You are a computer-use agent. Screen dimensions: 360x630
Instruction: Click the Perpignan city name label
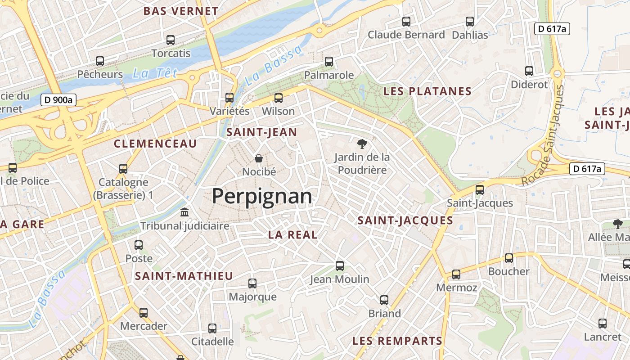coord(262,197)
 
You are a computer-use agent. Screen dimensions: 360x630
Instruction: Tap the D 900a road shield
coord(58,100)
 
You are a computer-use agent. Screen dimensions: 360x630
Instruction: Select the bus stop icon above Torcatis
coord(171,40)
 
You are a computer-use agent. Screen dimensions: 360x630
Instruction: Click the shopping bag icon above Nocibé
coord(259,158)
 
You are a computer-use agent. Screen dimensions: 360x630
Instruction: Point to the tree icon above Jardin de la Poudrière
coord(361,144)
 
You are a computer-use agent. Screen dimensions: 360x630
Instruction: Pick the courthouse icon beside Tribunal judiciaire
coord(184,212)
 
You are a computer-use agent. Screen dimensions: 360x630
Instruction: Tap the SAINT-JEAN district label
coord(261,132)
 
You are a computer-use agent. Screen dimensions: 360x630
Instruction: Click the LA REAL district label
coord(293,234)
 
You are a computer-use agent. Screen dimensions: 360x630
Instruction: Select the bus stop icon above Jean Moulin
coord(340,266)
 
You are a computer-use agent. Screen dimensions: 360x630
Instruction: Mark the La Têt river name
coord(155,73)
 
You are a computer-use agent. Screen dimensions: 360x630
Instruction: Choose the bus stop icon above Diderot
coord(529,71)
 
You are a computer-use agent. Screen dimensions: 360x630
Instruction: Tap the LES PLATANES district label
coord(427,91)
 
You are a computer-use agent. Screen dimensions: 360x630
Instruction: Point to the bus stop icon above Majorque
coord(252,283)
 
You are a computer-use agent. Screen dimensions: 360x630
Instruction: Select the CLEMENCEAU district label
coord(155,144)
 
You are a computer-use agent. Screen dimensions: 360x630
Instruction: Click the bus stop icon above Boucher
coord(509,258)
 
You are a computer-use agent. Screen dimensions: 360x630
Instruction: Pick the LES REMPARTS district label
coord(397,341)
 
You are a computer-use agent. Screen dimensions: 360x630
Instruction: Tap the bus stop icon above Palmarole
coord(329,62)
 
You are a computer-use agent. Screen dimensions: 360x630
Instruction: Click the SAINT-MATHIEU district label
coord(184,276)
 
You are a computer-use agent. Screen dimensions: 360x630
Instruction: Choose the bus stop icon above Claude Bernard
coord(406,21)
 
